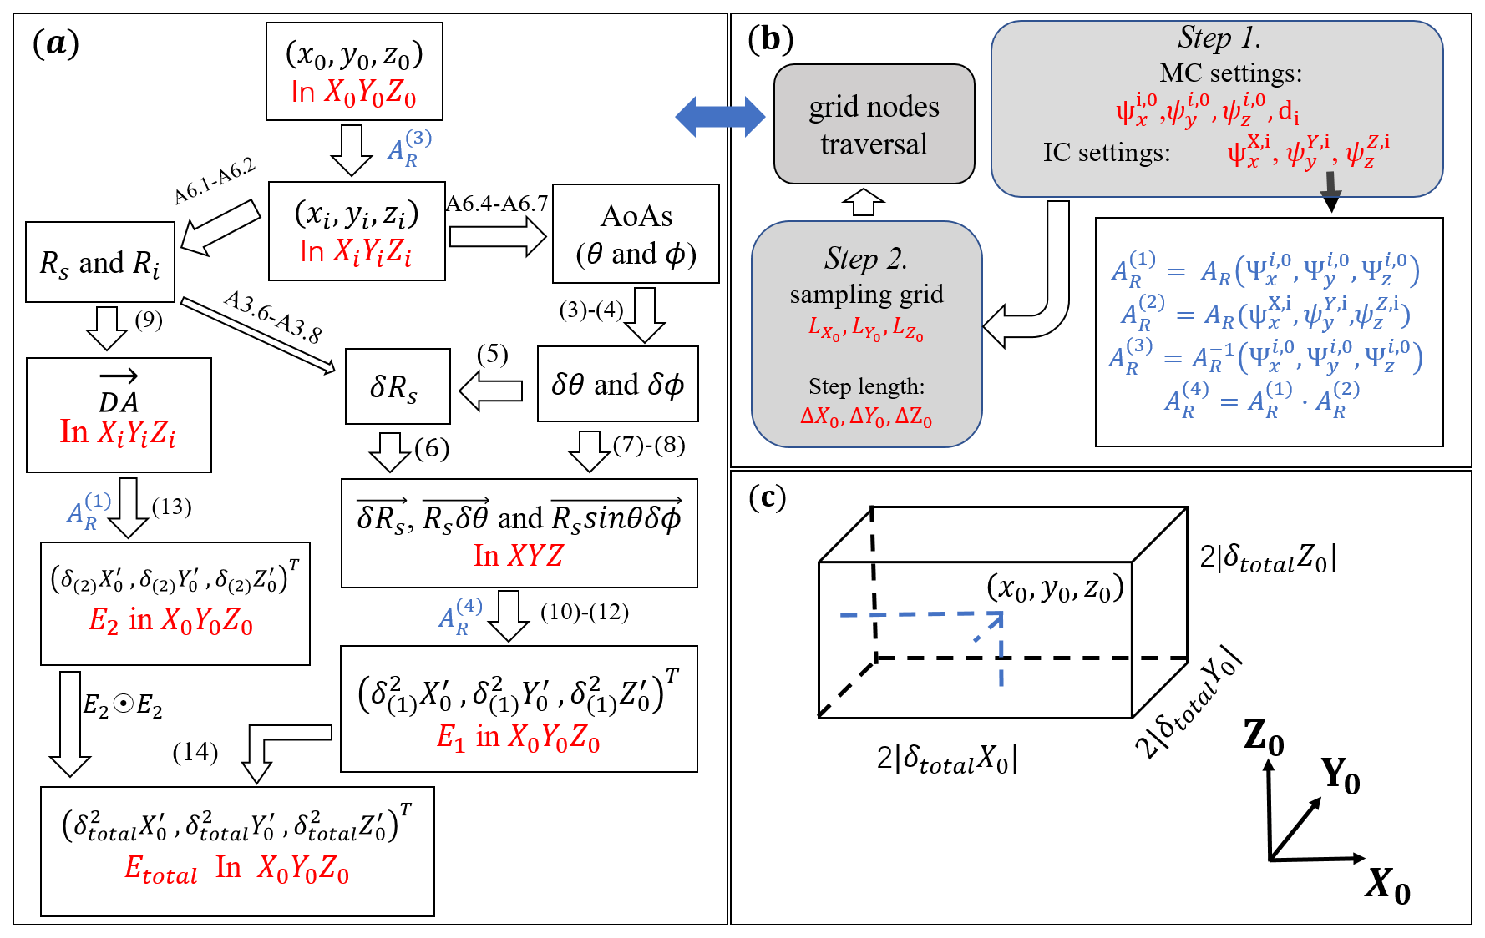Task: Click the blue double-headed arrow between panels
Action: [x=720, y=116]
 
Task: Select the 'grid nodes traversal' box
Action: [x=874, y=124]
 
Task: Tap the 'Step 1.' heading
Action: [x=1219, y=38]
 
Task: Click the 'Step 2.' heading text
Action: [x=865, y=259]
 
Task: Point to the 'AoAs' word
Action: [x=636, y=216]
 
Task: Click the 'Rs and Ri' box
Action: [x=100, y=263]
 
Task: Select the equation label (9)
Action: [x=149, y=320]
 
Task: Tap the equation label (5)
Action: [x=492, y=354]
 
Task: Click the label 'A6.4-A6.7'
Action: [x=497, y=204]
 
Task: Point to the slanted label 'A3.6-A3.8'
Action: [x=272, y=317]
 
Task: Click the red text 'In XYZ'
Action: [x=519, y=555]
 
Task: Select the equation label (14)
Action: [x=195, y=752]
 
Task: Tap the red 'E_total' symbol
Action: [x=161, y=870]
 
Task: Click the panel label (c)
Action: [x=767, y=497]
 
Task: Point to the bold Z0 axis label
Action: [x=1263, y=736]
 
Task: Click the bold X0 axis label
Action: [x=1387, y=884]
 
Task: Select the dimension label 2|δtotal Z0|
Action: [x=1268, y=558]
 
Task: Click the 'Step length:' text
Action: [x=866, y=386]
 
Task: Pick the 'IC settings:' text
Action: [x=1106, y=153]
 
